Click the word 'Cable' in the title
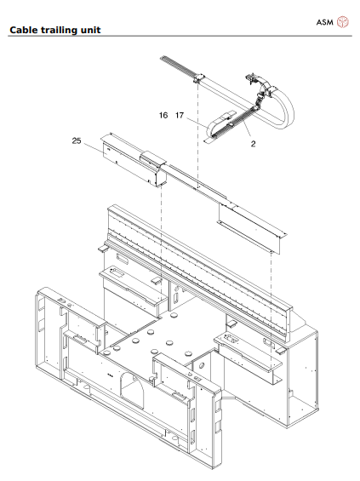24,31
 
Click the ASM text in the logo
324,21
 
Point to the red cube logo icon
343,21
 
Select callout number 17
180,114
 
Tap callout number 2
253,145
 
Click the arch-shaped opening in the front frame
132,391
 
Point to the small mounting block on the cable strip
197,79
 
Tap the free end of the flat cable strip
163,59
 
